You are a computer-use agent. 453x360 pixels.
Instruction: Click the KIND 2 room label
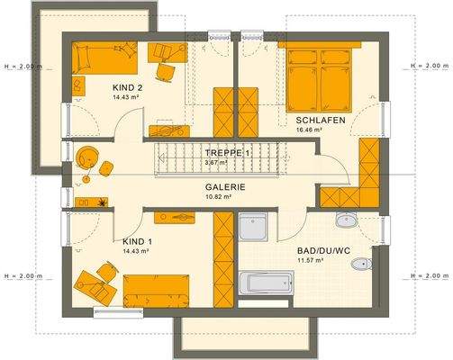point(128,86)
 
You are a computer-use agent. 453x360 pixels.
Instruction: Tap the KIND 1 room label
point(138,242)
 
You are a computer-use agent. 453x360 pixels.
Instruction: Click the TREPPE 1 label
point(227,153)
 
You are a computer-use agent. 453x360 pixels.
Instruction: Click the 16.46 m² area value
point(308,130)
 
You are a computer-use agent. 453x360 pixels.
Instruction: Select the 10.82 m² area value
point(219,196)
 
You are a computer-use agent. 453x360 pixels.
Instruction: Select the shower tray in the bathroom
point(253,227)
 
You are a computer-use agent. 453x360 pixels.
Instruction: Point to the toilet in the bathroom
point(360,265)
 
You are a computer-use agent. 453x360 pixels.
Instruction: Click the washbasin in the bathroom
point(346,220)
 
